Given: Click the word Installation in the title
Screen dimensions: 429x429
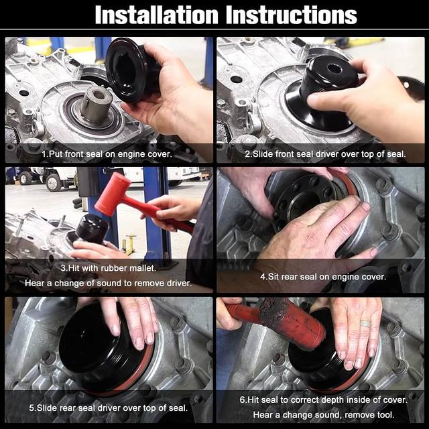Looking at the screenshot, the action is [156, 15].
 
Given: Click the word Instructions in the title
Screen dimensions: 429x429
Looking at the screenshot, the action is [292, 15].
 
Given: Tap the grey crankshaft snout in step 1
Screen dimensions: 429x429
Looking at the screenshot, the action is [97, 105].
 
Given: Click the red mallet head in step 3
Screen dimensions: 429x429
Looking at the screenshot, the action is [113, 193].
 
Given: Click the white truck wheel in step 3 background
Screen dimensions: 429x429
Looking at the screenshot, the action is [54, 182].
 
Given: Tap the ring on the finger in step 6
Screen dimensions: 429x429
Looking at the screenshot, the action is [365, 324].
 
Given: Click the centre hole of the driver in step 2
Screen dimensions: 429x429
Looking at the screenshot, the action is [334, 68].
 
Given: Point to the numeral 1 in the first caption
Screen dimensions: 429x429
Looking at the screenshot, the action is [44, 154].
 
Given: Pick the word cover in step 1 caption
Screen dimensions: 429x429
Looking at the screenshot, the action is [160, 154].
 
